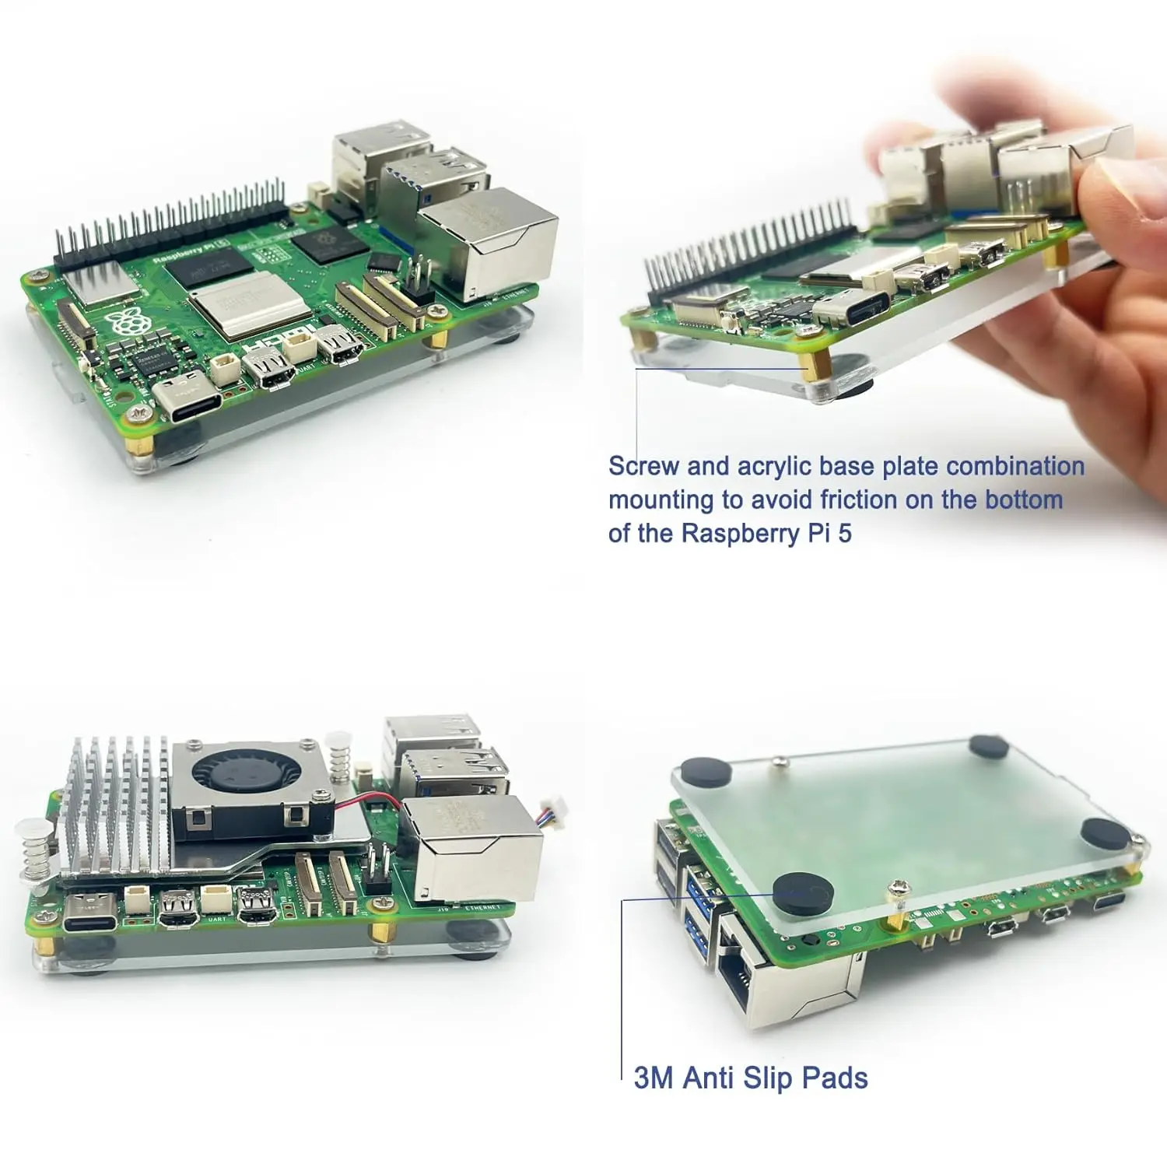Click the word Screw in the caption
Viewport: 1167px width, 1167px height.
643,466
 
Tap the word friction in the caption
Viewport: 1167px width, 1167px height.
859,499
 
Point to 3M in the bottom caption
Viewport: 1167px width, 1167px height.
653,1078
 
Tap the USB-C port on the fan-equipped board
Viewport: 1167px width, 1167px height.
91,913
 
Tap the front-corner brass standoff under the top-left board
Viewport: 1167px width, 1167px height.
146,445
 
